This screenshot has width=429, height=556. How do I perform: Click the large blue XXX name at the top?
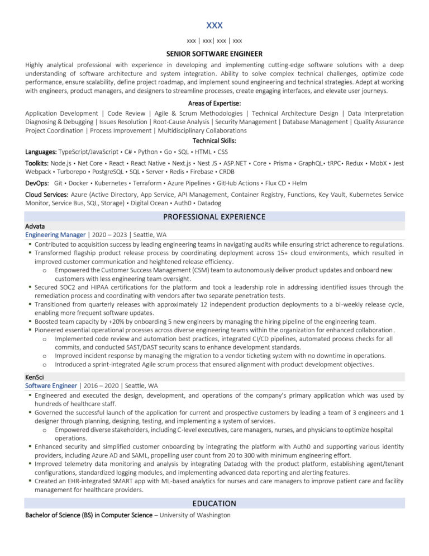coord(214,25)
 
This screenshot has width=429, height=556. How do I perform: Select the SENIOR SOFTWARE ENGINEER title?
coord(214,54)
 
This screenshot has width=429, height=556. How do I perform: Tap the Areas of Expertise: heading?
coord(214,103)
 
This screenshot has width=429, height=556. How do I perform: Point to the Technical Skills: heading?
coord(214,141)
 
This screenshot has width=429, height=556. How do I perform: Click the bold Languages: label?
coord(41,152)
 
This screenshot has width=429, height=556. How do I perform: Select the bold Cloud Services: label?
coord(47,195)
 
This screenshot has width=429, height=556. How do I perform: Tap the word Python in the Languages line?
coord(147,152)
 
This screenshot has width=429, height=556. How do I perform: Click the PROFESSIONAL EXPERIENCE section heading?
coord(214,216)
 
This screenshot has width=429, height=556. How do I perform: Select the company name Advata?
coord(35,226)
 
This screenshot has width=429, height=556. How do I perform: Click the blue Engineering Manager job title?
coord(55,235)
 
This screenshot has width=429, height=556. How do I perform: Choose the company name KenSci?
coord(35,377)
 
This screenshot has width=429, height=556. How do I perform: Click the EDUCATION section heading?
coord(214,503)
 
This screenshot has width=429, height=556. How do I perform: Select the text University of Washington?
coord(195,515)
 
